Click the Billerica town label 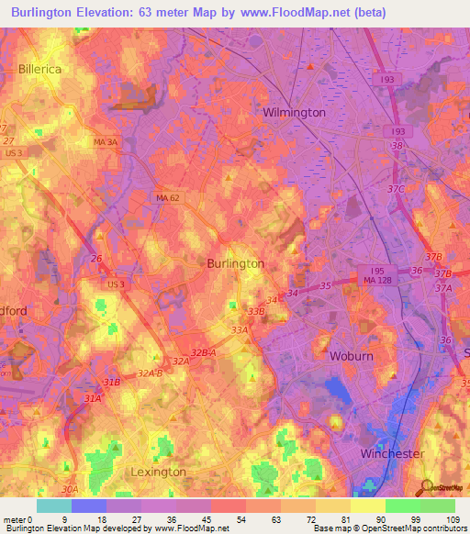coord(39,69)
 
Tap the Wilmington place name coord(294,112)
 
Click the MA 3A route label coord(106,142)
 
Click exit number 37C coord(396,189)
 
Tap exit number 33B coord(254,311)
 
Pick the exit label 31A coord(93,399)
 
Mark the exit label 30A coord(70,491)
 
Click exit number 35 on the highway coord(325,285)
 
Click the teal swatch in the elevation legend coord(54,506)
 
